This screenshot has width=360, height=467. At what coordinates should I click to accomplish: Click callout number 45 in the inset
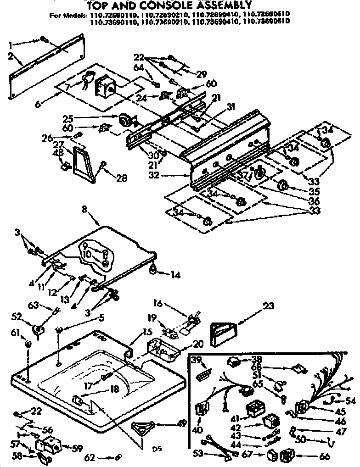[x=340, y=411]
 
